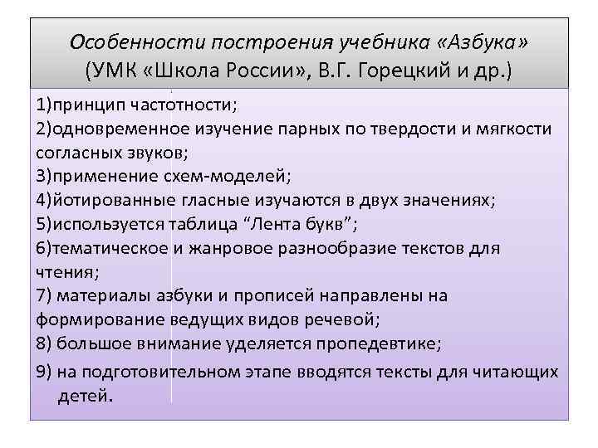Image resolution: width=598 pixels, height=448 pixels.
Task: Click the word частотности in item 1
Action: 184,107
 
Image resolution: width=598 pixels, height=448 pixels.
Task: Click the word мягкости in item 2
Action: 506,130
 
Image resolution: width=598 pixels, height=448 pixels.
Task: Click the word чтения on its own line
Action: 66,271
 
